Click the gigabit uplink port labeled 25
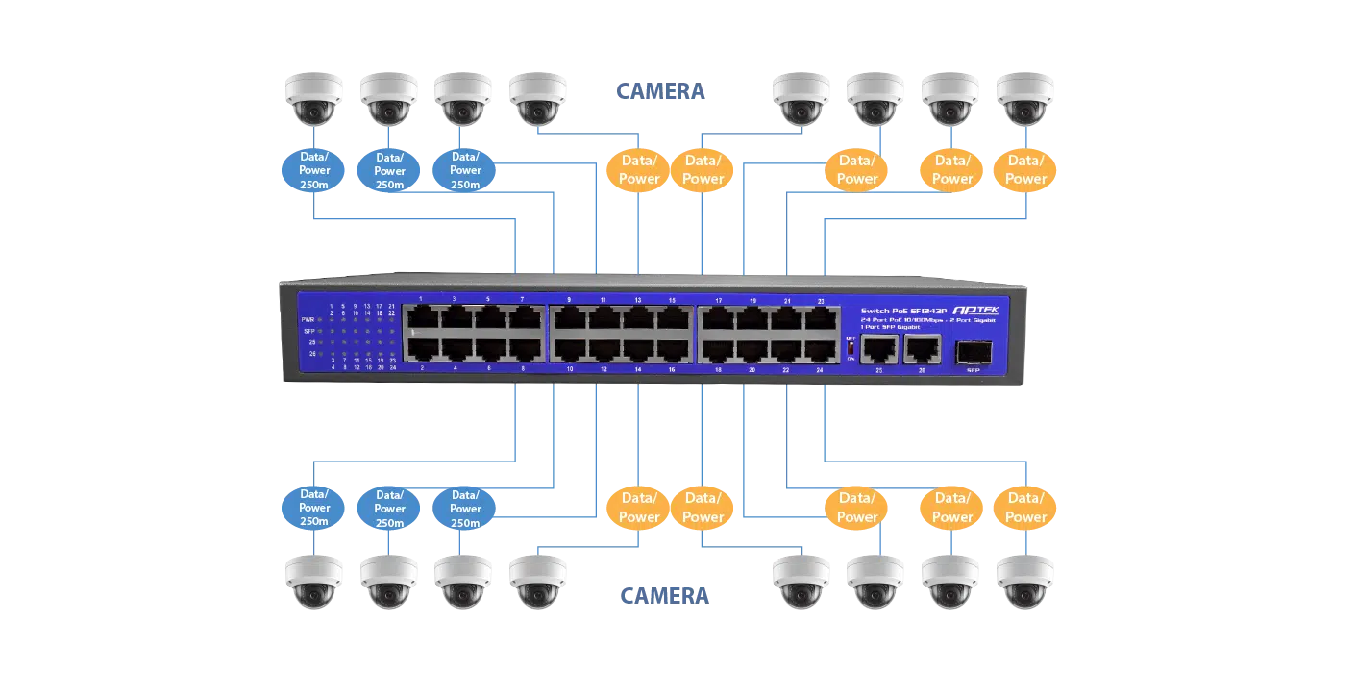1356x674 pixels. pyautogui.click(x=879, y=349)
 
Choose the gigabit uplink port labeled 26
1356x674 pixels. pyautogui.click(x=923, y=349)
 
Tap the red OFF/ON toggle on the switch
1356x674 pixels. pyautogui.click(x=851, y=349)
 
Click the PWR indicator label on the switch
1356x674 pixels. pyautogui.click(x=308, y=319)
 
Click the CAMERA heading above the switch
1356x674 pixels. pyautogui.click(x=660, y=89)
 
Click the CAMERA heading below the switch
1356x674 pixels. pyautogui.click(x=663, y=596)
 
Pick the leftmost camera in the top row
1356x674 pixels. pyautogui.click(x=312, y=98)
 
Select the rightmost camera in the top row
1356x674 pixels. pyautogui.click(x=1025, y=98)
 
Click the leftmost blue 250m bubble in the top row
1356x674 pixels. pyautogui.click(x=313, y=170)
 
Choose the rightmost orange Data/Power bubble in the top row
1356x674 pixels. pyautogui.click(x=1025, y=170)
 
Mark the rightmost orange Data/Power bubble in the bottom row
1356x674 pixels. pyautogui.click(x=1025, y=508)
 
